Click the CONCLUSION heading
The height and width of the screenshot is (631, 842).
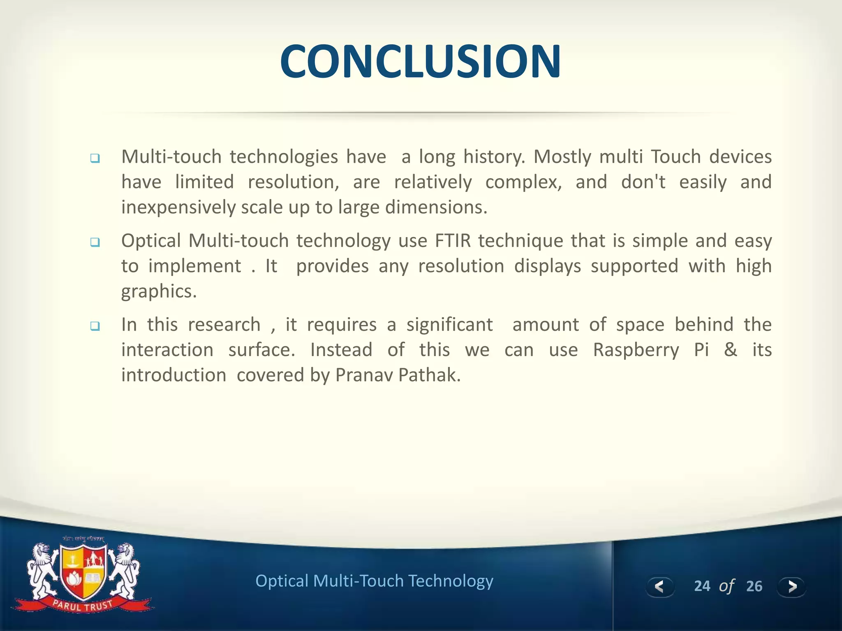pos(421,62)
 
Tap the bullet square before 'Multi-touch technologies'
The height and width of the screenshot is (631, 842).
pos(95,159)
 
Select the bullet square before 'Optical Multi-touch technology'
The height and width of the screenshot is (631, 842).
pos(95,242)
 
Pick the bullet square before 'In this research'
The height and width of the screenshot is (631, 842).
pos(95,326)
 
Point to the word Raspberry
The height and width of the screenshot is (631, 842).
pos(636,350)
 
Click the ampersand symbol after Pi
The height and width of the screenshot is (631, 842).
pos(730,350)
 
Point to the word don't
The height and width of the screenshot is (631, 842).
pos(643,182)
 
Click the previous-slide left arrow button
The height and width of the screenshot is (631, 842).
pos(659,587)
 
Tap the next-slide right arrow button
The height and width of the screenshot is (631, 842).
pos(791,587)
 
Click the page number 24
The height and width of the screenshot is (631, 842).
pos(702,586)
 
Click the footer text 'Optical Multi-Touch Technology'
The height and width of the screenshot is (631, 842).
pos(374,581)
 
